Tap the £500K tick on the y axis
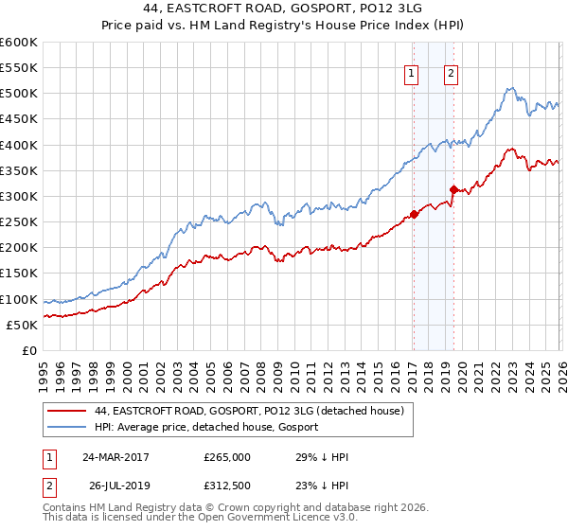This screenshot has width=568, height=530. (19, 94)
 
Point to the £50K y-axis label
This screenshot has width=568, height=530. (22, 325)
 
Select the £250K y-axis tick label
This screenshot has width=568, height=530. (19, 221)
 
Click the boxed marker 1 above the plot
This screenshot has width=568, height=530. (413, 75)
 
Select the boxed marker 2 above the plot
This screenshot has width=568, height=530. (452, 75)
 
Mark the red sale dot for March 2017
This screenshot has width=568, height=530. (414, 214)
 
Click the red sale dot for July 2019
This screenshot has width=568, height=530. (453, 189)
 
